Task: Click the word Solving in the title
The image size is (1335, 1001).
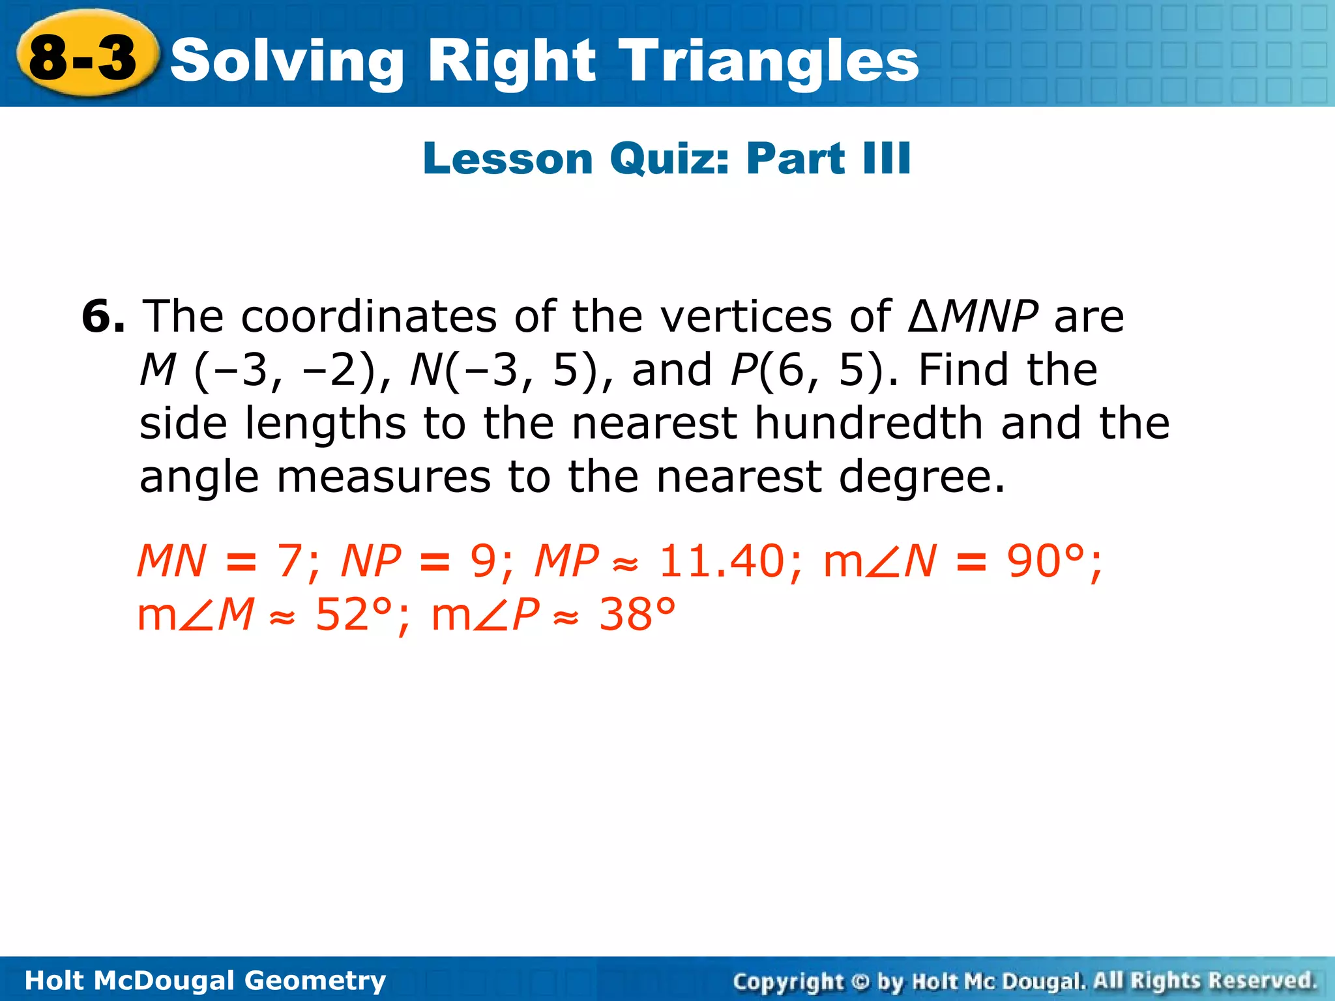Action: [x=287, y=62]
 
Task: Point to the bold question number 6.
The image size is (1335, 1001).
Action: [x=103, y=317]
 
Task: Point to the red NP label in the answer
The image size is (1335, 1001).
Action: [x=372, y=561]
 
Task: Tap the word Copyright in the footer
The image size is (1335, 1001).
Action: [x=788, y=981]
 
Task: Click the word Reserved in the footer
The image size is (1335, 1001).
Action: [x=1261, y=980]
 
